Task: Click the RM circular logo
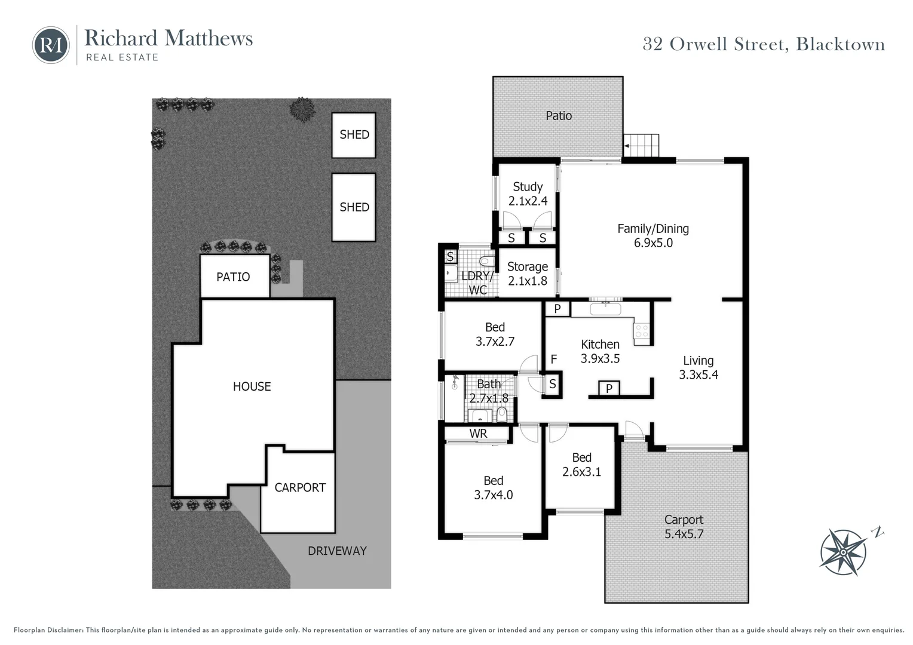point(51,45)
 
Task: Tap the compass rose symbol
point(843,551)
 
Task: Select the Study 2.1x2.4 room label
point(528,194)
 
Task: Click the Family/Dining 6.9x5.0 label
point(653,235)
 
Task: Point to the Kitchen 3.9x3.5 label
point(600,351)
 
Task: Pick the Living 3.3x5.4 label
point(698,367)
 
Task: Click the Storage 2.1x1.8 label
point(527,274)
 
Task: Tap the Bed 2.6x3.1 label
point(581,464)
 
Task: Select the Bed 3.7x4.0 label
point(493,487)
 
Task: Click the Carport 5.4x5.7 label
point(684,527)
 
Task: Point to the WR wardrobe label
point(478,434)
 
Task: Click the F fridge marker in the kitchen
point(553,359)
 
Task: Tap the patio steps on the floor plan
point(642,145)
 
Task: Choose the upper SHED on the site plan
point(354,135)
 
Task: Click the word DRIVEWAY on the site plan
point(337,551)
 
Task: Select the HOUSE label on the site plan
point(252,386)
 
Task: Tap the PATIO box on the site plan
point(234,277)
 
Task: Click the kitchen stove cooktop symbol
point(642,331)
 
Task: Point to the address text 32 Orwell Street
point(763,44)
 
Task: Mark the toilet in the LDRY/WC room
point(486,261)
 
